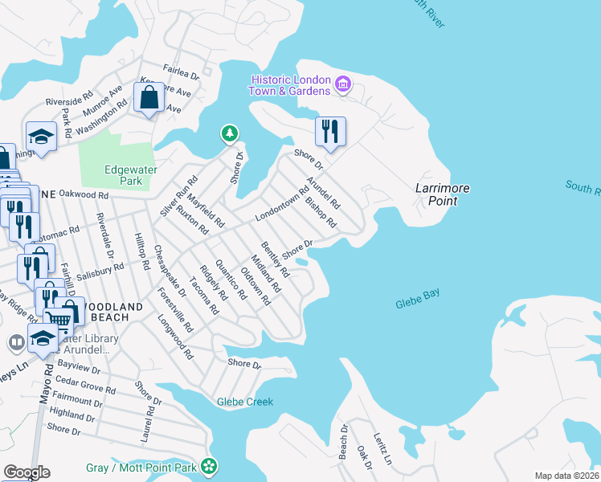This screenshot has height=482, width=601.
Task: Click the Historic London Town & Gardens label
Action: tap(290, 85)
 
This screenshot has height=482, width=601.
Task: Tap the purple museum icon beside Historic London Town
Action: tap(343, 84)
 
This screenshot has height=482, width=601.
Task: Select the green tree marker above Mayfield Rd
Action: tap(230, 133)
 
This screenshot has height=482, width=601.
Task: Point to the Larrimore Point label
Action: tap(442, 194)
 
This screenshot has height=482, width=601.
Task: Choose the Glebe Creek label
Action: tap(245, 402)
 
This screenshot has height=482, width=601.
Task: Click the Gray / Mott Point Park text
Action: tap(141, 467)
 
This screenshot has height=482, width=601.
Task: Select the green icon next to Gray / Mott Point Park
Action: tap(209, 466)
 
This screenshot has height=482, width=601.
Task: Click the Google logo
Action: tap(27, 472)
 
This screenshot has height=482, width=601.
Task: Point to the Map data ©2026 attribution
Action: tap(566, 476)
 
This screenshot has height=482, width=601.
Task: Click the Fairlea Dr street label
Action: tap(180, 70)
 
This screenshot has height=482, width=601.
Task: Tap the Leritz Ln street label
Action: tap(382, 445)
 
